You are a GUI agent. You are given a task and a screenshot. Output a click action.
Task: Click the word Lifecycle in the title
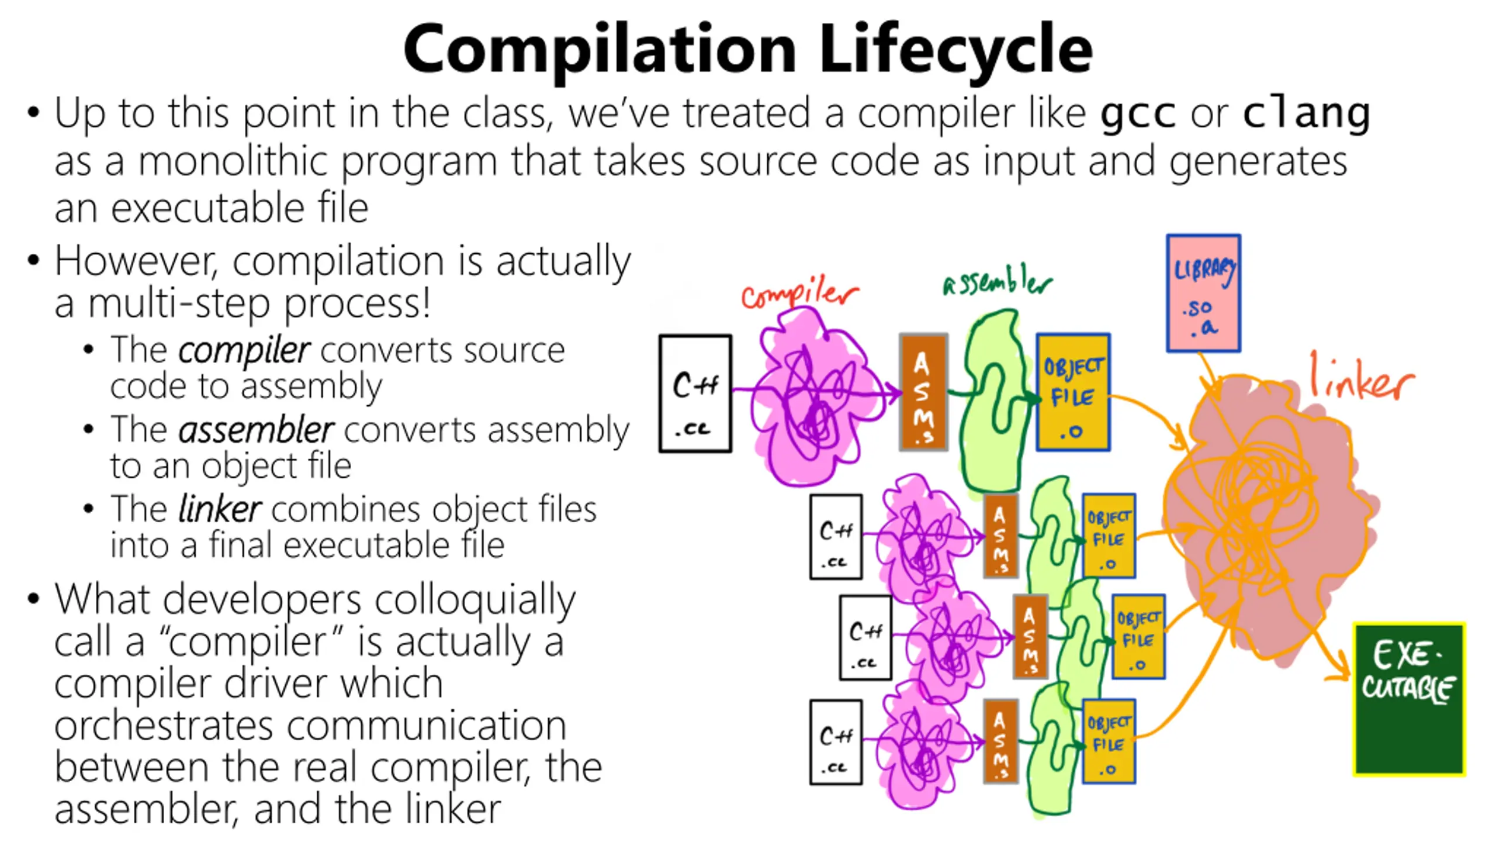(x=955, y=50)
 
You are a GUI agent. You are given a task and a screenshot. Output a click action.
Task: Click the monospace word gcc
(x=1137, y=113)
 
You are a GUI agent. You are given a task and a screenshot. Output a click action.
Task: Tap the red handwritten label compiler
(x=799, y=294)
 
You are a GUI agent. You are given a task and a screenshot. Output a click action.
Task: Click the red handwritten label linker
(x=1362, y=380)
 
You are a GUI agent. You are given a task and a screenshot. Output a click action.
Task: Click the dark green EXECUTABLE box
(x=1409, y=699)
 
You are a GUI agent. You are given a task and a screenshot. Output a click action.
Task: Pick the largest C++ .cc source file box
(x=695, y=394)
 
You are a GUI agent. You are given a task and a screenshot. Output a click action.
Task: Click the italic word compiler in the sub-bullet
(x=244, y=351)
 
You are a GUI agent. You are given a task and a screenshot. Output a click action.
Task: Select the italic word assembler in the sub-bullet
(x=256, y=430)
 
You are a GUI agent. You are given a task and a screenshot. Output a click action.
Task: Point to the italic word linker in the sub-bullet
(x=219, y=509)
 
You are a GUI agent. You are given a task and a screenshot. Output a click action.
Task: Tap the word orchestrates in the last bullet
(x=163, y=726)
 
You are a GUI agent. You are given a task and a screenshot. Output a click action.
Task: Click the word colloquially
(x=475, y=601)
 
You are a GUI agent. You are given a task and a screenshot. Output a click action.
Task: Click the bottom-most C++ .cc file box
(x=836, y=742)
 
